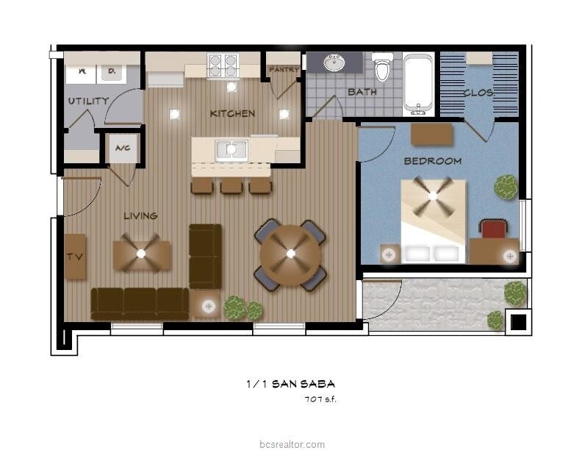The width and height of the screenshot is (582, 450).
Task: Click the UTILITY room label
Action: click(x=88, y=101)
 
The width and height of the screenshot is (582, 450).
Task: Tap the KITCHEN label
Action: click(x=232, y=113)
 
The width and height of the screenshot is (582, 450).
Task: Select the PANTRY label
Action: click(x=283, y=70)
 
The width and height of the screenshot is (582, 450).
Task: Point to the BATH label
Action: click(x=362, y=92)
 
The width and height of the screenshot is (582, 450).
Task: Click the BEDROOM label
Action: click(x=432, y=160)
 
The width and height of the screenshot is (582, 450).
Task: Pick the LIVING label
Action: click(x=140, y=215)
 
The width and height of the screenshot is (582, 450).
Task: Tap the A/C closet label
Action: click(x=121, y=148)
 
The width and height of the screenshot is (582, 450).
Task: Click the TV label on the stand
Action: click(x=73, y=257)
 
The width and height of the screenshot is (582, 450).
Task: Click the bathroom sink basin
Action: click(x=335, y=63)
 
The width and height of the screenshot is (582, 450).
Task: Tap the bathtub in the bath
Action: click(x=419, y=84)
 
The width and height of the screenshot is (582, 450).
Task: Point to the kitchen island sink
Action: click(x=231, y=150)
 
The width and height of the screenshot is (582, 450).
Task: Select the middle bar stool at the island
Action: click(x=231, y=186)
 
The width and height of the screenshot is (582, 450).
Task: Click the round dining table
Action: click(x=290, y=254)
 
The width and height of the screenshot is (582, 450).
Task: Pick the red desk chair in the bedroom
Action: click(x=495, y=229)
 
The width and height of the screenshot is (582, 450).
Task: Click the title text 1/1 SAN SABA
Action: click(x=290, y=384)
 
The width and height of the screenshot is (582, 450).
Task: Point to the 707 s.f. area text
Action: click(x=320, y=399)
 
